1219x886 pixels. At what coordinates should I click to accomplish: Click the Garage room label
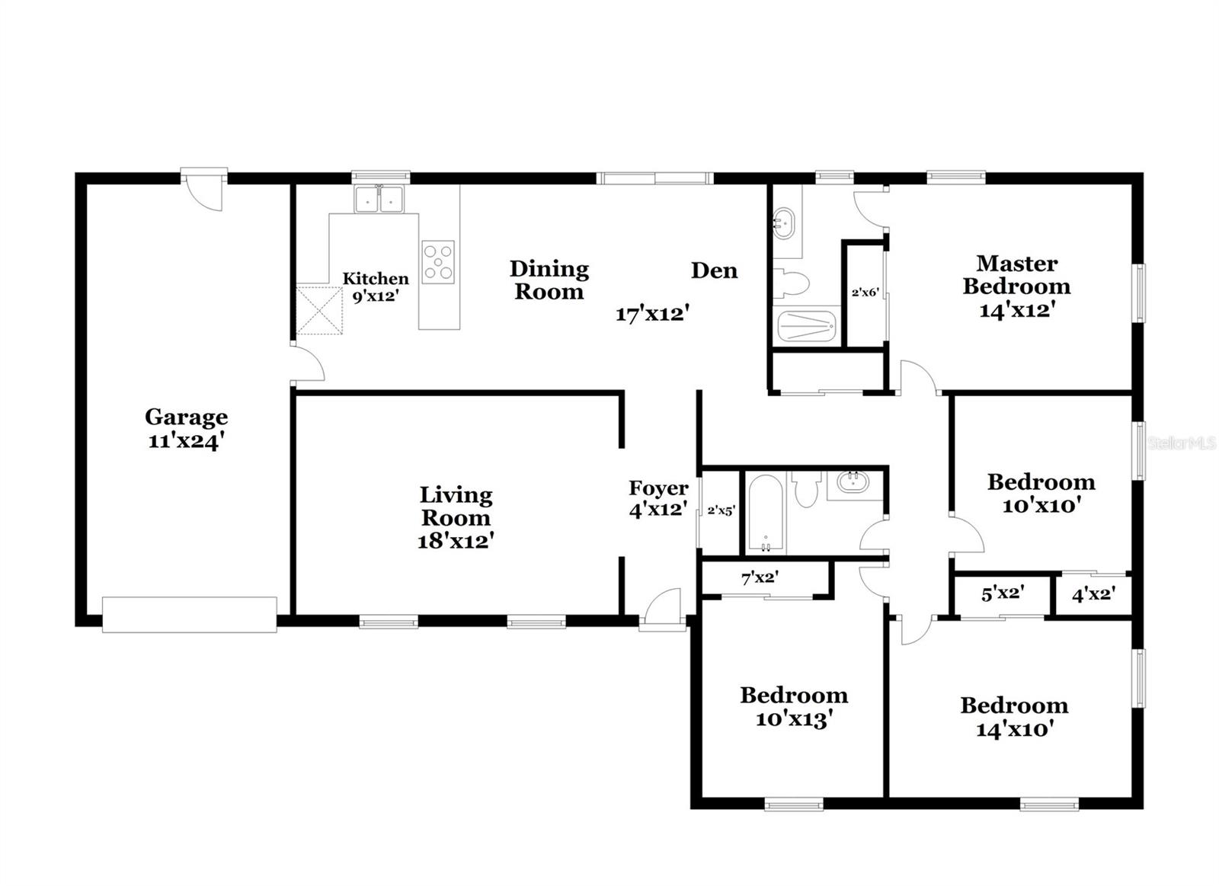point(186,428)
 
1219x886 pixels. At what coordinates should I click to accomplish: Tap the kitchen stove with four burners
point(438,262)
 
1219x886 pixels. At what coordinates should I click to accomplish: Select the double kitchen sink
point(379,200)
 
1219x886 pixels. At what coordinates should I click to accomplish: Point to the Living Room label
point(456,517)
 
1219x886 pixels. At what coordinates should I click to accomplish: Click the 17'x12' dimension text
point(652,313)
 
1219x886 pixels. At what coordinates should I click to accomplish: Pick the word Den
point(714,270)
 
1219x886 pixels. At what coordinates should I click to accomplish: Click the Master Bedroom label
point(1016,286)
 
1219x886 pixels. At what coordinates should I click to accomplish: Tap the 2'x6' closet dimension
point(865,292)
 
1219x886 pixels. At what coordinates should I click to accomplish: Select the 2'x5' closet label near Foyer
point(721,510)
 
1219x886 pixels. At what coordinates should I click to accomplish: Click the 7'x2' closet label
point(759,578)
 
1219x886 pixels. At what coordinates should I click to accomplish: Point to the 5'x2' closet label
point(1002,593)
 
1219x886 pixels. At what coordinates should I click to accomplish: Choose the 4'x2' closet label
point(1093,594)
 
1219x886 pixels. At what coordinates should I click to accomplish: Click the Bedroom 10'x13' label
point(793,706)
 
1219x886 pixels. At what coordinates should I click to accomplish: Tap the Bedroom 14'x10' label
point(1014,716)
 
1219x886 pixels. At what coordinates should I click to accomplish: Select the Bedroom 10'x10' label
point(1041,493)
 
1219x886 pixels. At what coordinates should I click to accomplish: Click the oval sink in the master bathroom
point(784,223)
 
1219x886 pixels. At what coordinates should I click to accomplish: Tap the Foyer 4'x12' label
point(658,498)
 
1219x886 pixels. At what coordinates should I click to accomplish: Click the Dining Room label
point(549,280)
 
